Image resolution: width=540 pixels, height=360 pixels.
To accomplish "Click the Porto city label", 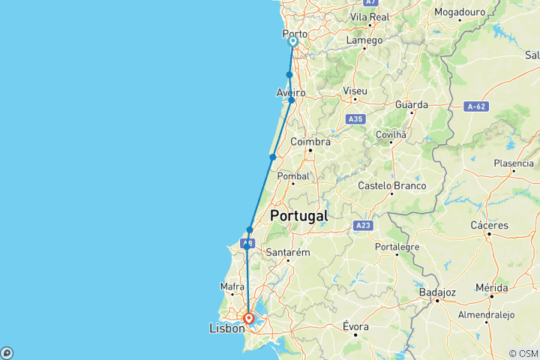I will (x=293, y=34).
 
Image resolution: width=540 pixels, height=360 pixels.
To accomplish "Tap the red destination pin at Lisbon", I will (x=248, y=319).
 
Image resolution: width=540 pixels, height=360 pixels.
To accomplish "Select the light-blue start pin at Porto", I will (x=292, y=43).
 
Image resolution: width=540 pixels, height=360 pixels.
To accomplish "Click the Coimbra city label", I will (x=310, y=142).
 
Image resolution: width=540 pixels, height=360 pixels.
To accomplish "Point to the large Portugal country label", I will (x=298, y=215).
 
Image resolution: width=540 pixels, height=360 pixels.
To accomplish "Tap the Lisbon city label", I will (x=226, y=328).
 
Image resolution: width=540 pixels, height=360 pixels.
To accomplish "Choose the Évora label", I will (x=355, y=326).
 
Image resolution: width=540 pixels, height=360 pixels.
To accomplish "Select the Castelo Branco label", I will (x=392, y=186).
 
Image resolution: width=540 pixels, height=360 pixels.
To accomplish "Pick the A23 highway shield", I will (x=361, y=225).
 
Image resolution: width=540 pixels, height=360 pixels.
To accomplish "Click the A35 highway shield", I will (x=355, y=118).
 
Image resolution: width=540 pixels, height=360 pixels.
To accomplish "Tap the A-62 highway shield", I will (x=476, y=106).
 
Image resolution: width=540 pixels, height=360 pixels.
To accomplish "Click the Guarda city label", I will (x=412, y=105).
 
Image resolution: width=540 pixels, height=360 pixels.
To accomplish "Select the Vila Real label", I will (x=369, y=16).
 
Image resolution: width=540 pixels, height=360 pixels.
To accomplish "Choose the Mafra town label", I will (x=232, y=286).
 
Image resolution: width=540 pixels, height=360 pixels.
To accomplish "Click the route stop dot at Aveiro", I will (x=292, y=100).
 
